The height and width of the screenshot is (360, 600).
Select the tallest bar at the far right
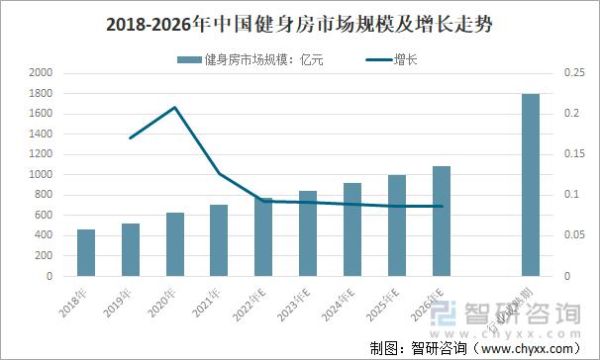pyautogui.click(x=531, y=184)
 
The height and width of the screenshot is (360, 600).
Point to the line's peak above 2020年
pyautogui.click(x=175, y=107)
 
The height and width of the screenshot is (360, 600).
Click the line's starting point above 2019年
pyautogui.click(x=131, y=137)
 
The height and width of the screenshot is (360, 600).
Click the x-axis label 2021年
pyautogui.click(x=206, y=301)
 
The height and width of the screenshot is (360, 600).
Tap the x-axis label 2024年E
pyautogui.click(x=337, y=304)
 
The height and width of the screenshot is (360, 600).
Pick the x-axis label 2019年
pyautogui.click(x=117, y=301)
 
